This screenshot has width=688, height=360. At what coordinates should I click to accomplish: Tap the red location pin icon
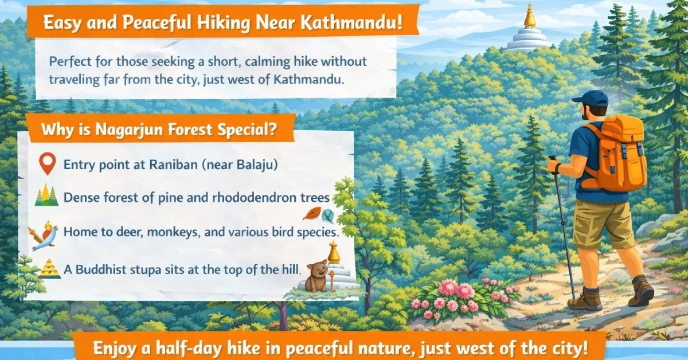coord(46,164)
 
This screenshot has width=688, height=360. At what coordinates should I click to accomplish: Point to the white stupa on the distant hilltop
coord(528,37)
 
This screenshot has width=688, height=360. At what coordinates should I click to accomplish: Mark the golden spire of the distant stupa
coord(529,15)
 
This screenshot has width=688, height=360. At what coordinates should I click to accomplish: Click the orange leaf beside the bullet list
coord(311,213)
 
